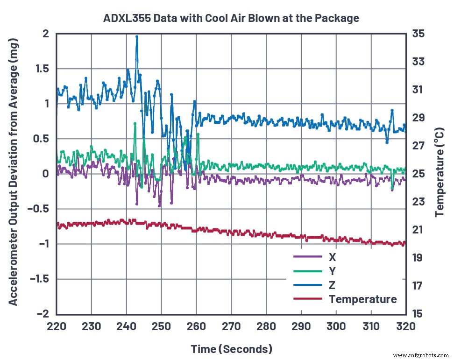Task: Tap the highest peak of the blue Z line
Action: tap(137, 36)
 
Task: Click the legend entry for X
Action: tap(332, 257)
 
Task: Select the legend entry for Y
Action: tap(332, 271)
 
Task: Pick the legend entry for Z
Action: tap(332, 285)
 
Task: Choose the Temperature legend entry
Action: tap(362, 299)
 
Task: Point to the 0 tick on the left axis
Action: tap(45, 174)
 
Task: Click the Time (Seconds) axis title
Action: tap(231, 349)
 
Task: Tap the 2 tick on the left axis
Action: tap(45, 34)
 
